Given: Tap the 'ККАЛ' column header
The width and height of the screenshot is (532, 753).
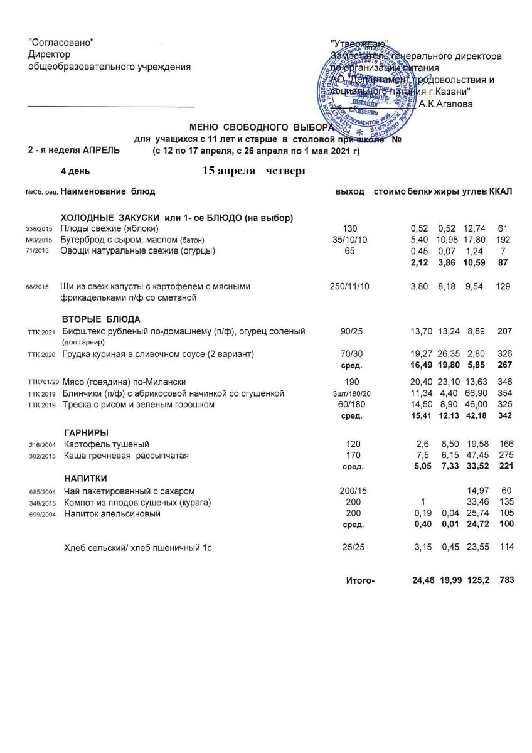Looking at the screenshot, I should (x=501, y=191).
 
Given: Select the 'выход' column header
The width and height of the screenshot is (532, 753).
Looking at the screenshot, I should (x=351, y=191).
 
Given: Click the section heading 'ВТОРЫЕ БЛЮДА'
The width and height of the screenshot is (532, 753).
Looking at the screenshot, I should (x=101, y=319).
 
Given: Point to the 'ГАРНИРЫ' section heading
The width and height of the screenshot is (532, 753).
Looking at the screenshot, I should (x=87, y=433).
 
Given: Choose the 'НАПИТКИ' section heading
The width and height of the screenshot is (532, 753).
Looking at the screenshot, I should (x=85, y=479).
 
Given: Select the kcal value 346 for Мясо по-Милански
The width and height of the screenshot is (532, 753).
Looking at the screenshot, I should (x=504, y=382).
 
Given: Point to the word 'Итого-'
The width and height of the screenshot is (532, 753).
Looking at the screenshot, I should (x=360, y=580).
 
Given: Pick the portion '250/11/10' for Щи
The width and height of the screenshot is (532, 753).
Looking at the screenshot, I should (x=350, y=286).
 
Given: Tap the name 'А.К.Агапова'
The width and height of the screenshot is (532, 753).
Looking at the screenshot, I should (x=446, y=104).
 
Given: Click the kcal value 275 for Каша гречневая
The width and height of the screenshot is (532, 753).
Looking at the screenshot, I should (x=505, y=456).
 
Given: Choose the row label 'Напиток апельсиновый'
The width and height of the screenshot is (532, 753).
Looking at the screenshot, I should (x=112, y=514).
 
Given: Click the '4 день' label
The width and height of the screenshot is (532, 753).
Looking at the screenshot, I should (x=75, y=171).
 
